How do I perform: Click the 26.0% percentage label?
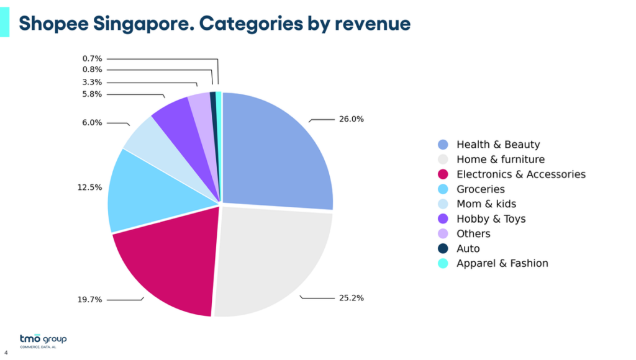[351, 119]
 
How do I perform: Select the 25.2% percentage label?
[351, 298]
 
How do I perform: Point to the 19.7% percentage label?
[89, 299]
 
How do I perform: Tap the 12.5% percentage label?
[89, 187]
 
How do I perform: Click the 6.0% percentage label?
[92, 123]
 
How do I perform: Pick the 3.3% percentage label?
[92, 82]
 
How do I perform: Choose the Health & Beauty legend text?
[498, 145]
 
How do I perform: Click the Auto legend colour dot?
[443, 248]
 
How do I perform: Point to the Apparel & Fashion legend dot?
[443, 263]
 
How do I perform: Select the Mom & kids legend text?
[486, 204]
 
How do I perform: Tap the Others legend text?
[473, 233]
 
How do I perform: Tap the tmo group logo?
[43, 340]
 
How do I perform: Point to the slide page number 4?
[6, 354]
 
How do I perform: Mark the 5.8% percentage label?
[92, 94]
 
